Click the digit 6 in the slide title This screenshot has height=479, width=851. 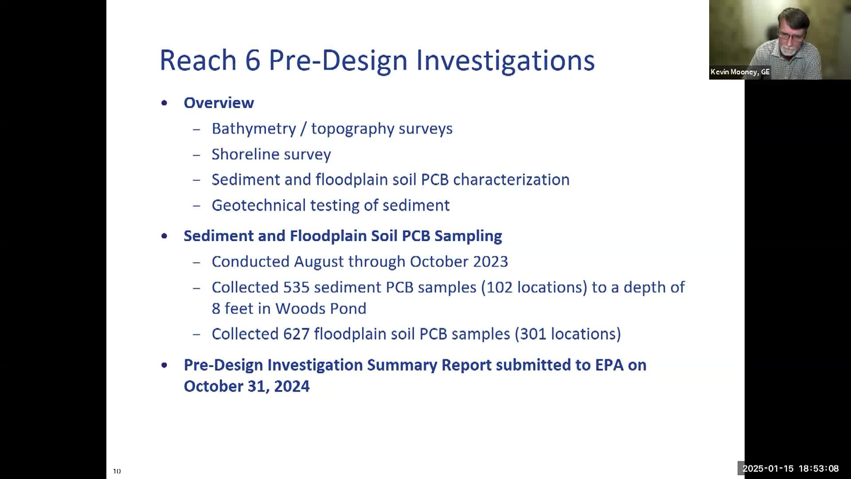[252, 60]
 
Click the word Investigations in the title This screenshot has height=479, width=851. [505, 61]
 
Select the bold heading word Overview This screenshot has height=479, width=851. [219, 103]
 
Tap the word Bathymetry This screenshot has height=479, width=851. [254, 129]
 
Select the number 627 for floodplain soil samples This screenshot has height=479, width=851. [297, 334]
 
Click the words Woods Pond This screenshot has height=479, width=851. [321, 309]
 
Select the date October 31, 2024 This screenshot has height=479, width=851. [247, 386]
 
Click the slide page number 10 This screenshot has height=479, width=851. [117, 471]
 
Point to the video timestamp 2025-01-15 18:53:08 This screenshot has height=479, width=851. [791, 468]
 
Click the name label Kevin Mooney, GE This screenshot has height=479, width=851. [740, 72]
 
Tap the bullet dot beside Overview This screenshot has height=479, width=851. [164, 103]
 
